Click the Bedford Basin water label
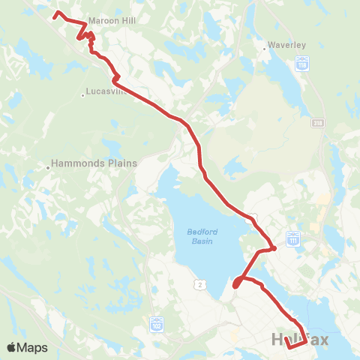(200, 236)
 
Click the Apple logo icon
(13, 347)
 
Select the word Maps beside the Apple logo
(34, 347)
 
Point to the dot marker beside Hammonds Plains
(48, 167)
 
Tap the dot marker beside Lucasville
(83, 95)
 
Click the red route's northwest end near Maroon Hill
(57, 13)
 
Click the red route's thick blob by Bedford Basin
(237, 283)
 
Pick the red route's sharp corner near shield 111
(275, 248)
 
